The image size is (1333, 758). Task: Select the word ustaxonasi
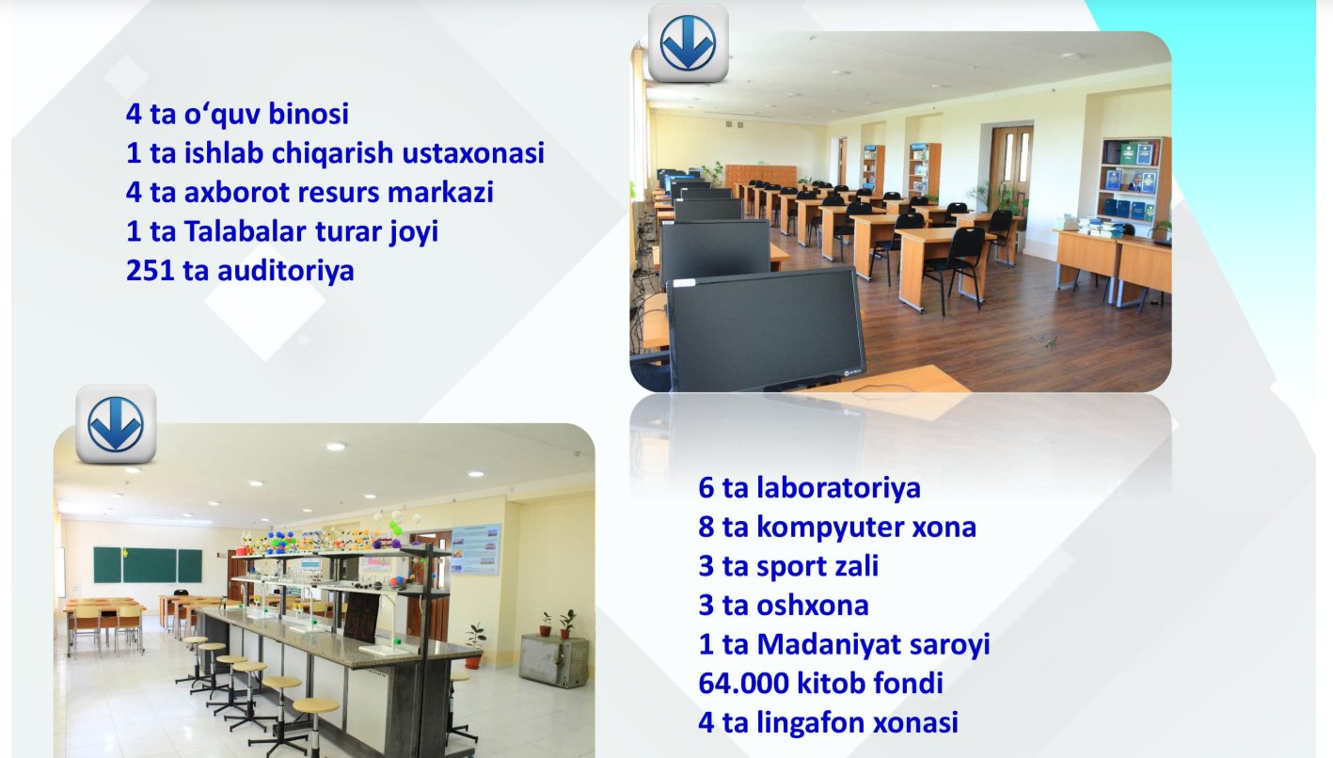473,153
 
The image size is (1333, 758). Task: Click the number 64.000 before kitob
743,683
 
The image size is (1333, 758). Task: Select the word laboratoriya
838,488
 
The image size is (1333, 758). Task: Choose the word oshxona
812,606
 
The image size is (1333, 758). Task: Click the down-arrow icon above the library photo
688,43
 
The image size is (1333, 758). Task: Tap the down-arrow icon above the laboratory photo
116,424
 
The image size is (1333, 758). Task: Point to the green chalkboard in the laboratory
148,565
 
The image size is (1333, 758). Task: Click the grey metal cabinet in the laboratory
553,660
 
